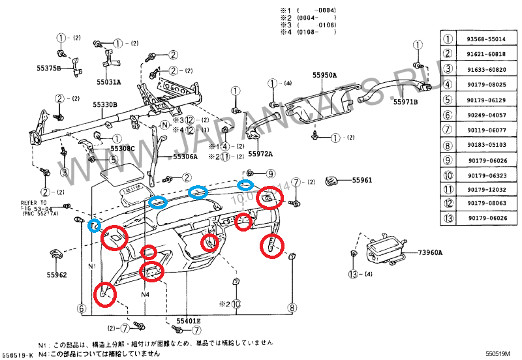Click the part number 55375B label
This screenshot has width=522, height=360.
pos(48,68)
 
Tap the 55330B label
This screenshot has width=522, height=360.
pos(104,104)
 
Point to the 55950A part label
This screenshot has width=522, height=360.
pos(324,75)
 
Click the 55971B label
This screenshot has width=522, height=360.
pos(405,102)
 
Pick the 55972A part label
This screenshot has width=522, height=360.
pos(260,154)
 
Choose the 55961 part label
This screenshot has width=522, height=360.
pos(362,180)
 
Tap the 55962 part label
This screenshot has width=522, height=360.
pos(56,275)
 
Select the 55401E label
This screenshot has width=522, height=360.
pos(189,322)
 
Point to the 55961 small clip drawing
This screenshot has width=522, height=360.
pos(333,179)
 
